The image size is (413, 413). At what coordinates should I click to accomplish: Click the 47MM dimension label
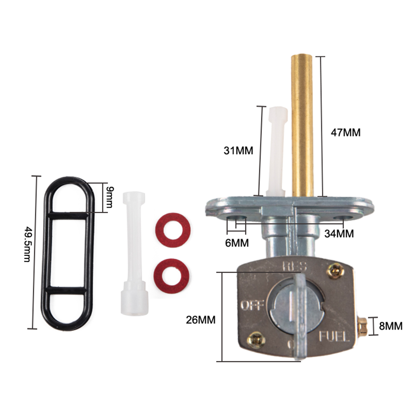point(345,132)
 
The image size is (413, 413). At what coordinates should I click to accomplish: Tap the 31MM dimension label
point(238,151)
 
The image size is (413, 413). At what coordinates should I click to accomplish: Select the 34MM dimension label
point(339,234)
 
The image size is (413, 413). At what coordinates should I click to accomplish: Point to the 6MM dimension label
point(237,243)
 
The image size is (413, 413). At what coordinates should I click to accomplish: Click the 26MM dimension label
point(201,320)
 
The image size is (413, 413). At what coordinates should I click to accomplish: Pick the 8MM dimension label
point(391,326)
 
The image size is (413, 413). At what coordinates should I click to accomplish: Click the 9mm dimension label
point(110,197)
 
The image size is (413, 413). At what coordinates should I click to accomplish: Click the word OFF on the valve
point(252,305)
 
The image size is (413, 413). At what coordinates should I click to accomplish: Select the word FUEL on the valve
point(334,336)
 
